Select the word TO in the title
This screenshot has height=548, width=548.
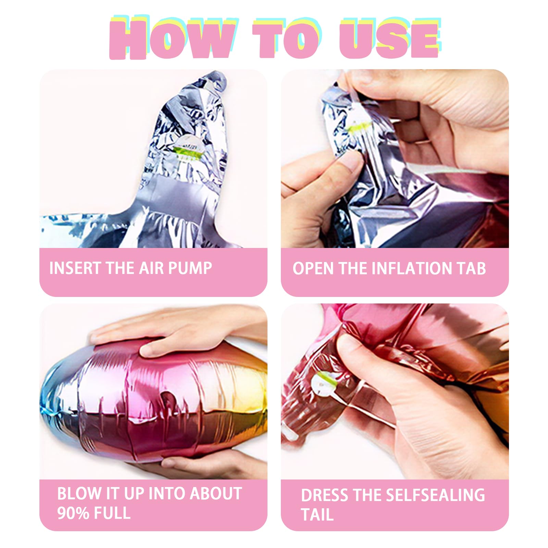(x=287, y=38)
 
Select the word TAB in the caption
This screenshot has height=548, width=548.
(x=471, y=268)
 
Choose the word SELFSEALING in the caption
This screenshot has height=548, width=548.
(x=436, y=495)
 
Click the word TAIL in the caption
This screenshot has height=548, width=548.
(x=317, y=515)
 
